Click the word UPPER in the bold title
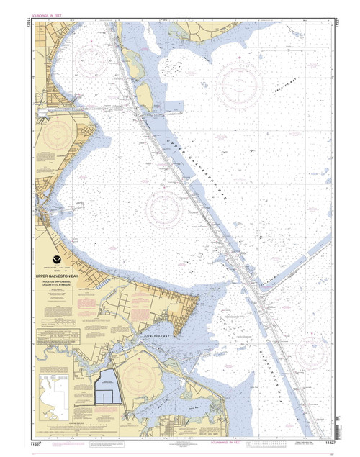point(44,274)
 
